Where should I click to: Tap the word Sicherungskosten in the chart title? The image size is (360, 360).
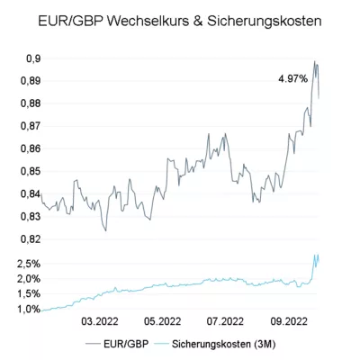[264, 22]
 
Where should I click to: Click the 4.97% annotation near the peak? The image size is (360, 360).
[293, 79]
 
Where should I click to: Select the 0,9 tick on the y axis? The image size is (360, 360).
[33, 58]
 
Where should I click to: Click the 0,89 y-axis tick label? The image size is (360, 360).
[31, 81]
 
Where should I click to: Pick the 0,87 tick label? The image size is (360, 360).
[31, 126]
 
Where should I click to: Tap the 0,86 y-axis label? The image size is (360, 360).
[31, 148]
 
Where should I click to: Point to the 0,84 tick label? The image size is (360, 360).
[31, 194]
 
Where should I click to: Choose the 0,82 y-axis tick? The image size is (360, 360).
[31, 239]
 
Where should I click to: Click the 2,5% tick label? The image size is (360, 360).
[29, 264]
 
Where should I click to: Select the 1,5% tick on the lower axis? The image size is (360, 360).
[29, 294]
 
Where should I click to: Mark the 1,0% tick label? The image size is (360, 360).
[29, 309]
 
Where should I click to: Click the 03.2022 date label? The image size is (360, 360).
[100, 321]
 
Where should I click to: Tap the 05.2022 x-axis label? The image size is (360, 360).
[162, 321]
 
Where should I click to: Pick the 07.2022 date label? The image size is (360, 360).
[225, 321]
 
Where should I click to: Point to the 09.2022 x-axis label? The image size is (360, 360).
[289, 321]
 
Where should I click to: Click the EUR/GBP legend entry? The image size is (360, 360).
[117, 344]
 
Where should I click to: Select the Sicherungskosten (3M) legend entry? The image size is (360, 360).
[215, 344]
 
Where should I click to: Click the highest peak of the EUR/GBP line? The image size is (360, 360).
[314, 61]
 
